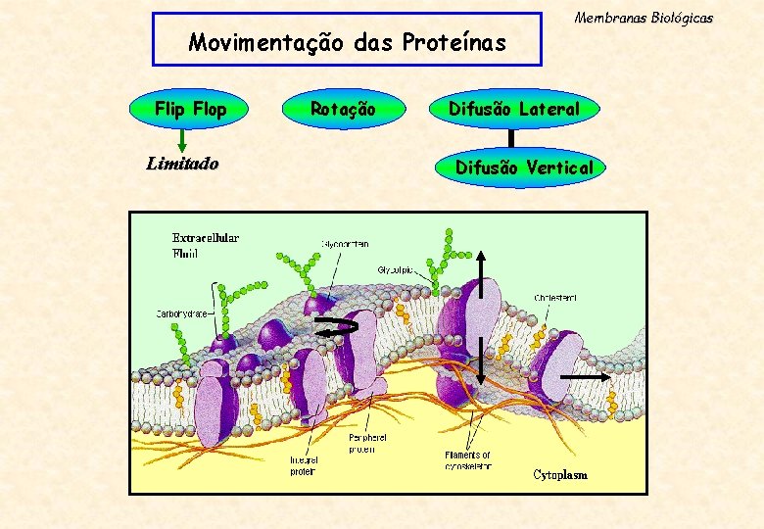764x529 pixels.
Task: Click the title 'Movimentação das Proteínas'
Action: [x=348, y=42]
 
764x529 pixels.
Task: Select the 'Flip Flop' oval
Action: [x=190, y=109]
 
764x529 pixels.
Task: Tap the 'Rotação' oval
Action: [x=343, y=109]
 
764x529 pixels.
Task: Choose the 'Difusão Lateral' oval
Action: [x=514, y=109]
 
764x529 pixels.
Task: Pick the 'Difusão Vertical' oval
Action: [x=524, y=168]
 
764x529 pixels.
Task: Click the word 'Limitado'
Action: [x=182, y=164]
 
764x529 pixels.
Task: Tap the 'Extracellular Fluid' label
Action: [x=206, y=245]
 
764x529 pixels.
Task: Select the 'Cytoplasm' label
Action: [x=560, y=475]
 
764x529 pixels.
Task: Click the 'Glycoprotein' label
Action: [x=345, y=244]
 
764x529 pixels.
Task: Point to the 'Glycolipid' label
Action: [x=398, y=269]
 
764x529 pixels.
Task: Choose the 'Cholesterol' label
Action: [x=555, y=297]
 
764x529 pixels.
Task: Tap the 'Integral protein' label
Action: [x=303, y=465]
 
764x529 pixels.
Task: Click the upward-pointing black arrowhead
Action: [x=481, y=255]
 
